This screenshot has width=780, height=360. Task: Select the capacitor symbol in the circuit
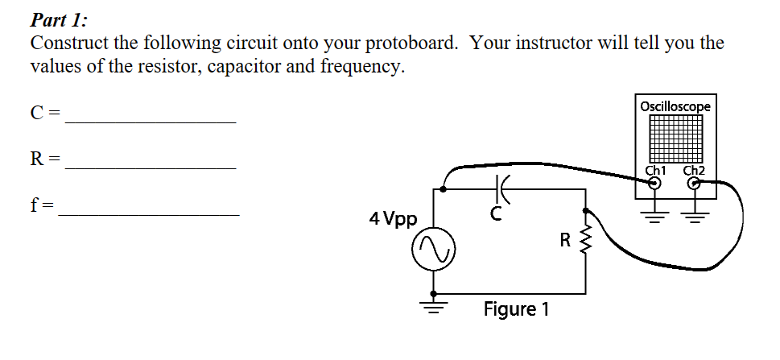pyautogui.click(x=501, y=190)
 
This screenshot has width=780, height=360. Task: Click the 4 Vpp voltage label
pyautogui.click(x=392, y=218)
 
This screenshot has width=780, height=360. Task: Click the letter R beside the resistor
pyautogui.click(x=565, y=239)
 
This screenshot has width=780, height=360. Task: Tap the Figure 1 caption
pyautogui.click(x=516, y=309)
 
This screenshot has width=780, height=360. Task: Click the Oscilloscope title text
pyautogui.click(x=675, y=106)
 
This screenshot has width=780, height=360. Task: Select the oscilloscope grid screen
pyautogui.click(x=676, y=139)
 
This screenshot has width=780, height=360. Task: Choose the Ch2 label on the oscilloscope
pyautogui.click(x=694, y=170)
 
